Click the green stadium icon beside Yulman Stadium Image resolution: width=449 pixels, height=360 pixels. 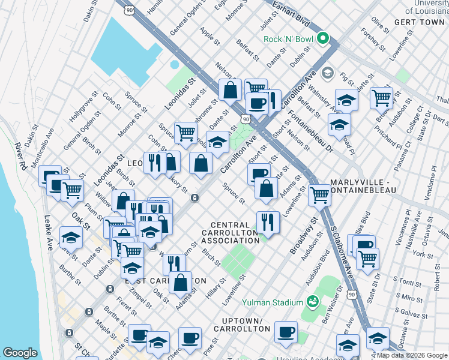click(x=312, y=301)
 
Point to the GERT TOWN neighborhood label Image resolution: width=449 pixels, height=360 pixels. click(x=419, y=22)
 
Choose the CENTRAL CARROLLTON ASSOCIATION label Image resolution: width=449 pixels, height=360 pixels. click(x=230, y=232)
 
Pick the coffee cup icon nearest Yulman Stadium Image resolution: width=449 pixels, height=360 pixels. click(x=286, y=331)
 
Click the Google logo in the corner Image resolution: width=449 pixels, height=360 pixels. click(x=20, y=353)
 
